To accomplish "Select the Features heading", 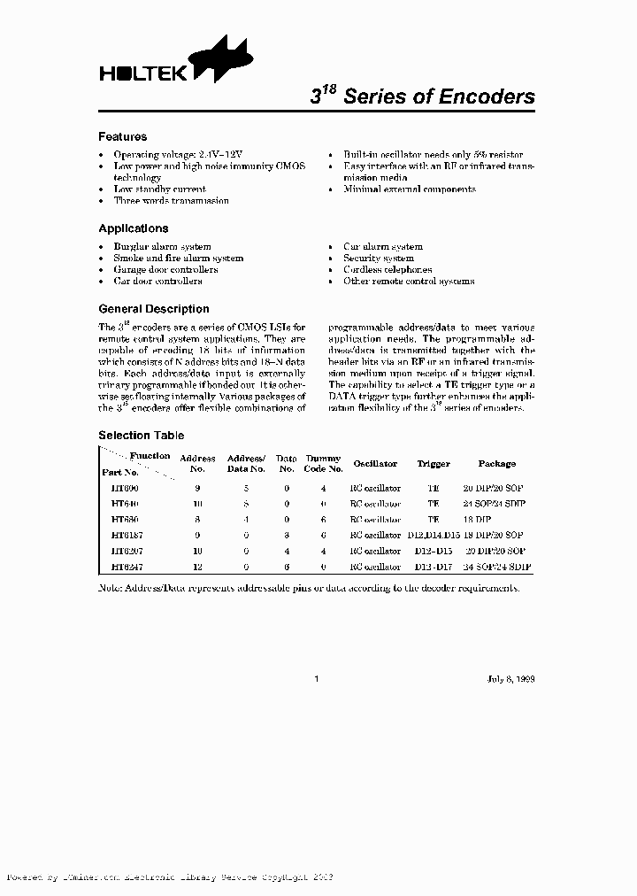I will click(122, 137).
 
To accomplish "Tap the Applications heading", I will click(133, 228).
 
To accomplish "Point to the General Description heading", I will click(153, 309).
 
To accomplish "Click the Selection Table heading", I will click(141, 436).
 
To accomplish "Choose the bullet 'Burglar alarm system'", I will click(162, 247).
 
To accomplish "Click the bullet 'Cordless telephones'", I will click(388, 270).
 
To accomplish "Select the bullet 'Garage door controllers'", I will click(165, 270).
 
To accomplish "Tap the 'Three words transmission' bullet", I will click(171, 201).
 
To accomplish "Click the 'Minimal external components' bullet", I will click(409, 189).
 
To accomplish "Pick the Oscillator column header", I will click(375, 464).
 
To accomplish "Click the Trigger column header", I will click(434, 464).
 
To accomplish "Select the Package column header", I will click(496, 464).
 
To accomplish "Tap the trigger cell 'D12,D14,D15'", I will click(434, 535).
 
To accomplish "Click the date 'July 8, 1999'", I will click(510, 680).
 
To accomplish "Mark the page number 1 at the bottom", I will click(316, 680).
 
